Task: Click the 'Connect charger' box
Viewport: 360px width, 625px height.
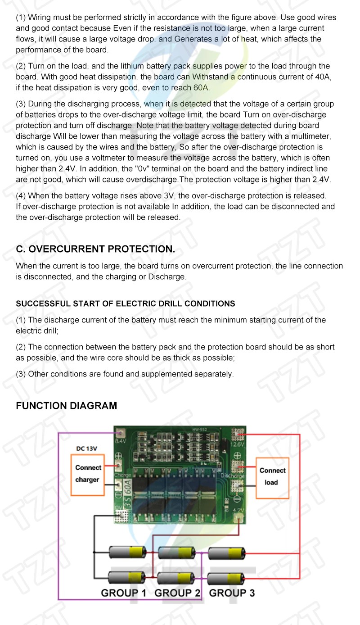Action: (88, 474)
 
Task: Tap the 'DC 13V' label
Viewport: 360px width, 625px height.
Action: (86, 448)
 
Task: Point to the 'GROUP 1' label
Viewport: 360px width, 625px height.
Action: (123, 593)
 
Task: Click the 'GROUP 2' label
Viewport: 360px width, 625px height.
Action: (177, 593)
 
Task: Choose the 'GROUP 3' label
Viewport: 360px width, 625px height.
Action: (232, 593)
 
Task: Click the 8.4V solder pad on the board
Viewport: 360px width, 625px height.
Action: (120, 434)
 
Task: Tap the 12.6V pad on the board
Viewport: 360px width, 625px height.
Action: (237, 435)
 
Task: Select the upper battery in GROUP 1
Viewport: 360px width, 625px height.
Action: (128, 552)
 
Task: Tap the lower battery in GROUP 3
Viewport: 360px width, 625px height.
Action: (226, 577)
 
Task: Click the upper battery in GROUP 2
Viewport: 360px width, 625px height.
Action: (177, 552)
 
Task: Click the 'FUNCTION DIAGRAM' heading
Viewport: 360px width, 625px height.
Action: (66, 406)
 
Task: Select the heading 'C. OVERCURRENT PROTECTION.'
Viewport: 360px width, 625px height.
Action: (95, 249)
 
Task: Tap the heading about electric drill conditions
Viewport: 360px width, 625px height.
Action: (125, 303)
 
